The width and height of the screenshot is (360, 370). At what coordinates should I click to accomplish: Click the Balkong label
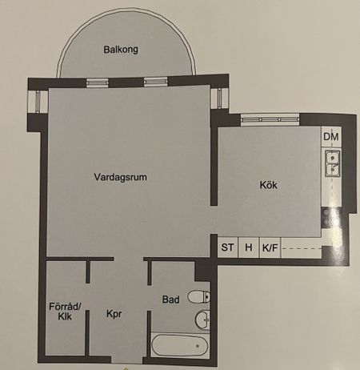click(121, 50)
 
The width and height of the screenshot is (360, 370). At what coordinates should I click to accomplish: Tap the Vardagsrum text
click(122, 178)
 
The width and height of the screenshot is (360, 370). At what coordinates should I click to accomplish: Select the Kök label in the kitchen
click(268, 185)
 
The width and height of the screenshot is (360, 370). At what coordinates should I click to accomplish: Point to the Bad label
click(170, 300)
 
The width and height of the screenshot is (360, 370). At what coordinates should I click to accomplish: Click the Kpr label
click(114, 315)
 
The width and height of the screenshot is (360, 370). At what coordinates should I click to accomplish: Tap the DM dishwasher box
click(331, 138)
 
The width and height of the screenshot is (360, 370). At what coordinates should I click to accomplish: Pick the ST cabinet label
click(227, 248)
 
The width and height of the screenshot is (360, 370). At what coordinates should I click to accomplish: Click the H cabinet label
click(249, 248)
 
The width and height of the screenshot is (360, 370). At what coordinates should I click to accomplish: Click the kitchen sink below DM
click(331, 164)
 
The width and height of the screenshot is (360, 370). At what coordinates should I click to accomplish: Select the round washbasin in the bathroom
click(202, 320)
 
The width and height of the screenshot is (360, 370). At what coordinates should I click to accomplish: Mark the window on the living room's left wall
click(38, 103)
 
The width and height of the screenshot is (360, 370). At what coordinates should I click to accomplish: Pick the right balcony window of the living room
click(154, 81)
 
